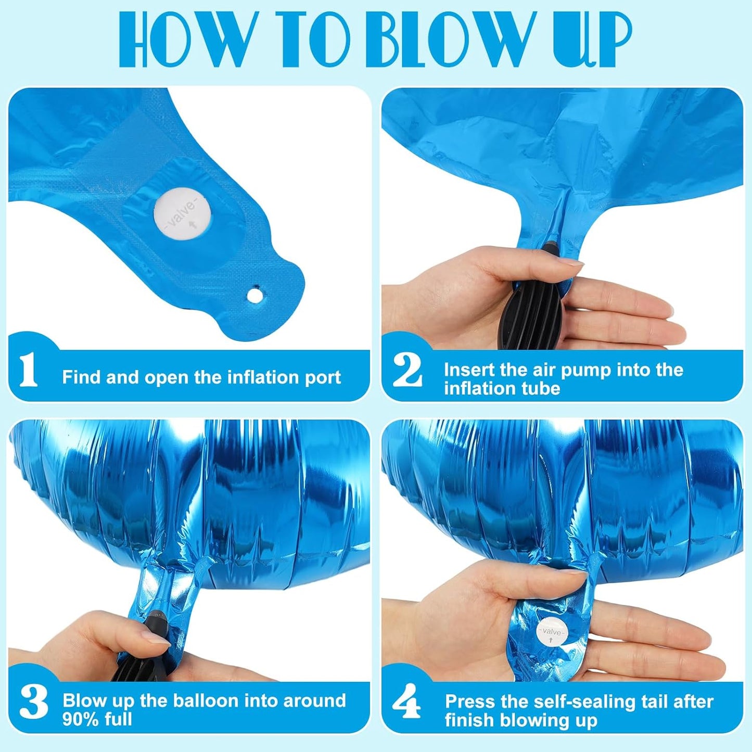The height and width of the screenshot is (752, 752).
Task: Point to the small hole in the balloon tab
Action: [x=254, y=296]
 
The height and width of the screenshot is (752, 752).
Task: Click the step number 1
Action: [x=29, y=370]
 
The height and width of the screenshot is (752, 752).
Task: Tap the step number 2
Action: [x=407, y=370]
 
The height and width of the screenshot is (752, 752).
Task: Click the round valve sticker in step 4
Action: [x=551, y=632]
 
